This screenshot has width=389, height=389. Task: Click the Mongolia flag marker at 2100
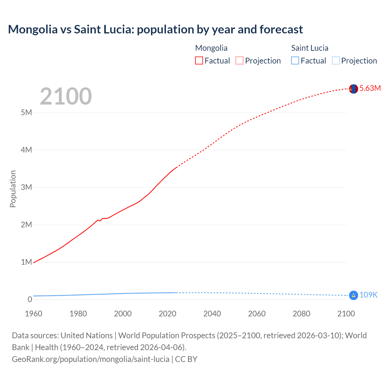(353, 89)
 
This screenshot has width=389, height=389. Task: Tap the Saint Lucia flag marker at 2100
(353, 295)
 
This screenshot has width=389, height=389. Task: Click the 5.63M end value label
(370, 88)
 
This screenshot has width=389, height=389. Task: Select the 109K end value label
(368, 295)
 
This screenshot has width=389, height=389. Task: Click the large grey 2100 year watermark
(66, 96)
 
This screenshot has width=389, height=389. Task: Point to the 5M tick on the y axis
(26, 112)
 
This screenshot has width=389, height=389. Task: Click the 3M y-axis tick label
(26, 187)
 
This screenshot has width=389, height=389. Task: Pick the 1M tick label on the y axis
(26, 262)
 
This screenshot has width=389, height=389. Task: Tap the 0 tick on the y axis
(30, 299)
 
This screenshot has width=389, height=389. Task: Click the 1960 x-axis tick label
(33, 314)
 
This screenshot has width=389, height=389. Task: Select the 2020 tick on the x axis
(167, 314)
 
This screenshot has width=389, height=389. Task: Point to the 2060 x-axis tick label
(257, 314)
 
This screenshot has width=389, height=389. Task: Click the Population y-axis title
(13, 189)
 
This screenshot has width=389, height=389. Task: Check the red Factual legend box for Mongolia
(199, 60)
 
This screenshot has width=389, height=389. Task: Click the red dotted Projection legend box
(239, 60)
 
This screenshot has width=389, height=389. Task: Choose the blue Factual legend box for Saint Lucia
(295, 60)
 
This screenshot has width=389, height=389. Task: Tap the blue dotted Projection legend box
(336, 60)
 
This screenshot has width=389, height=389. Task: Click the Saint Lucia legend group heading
(310, 48)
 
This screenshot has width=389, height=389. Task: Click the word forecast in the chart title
(281, 29)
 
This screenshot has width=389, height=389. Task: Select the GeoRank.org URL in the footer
(91, 359)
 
